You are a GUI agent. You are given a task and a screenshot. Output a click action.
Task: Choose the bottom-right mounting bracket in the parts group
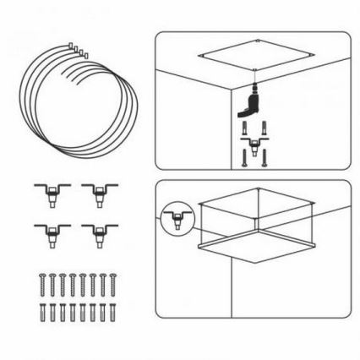tap(99, 233)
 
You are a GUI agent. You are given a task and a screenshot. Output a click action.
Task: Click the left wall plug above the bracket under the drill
tap(245, 129)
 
